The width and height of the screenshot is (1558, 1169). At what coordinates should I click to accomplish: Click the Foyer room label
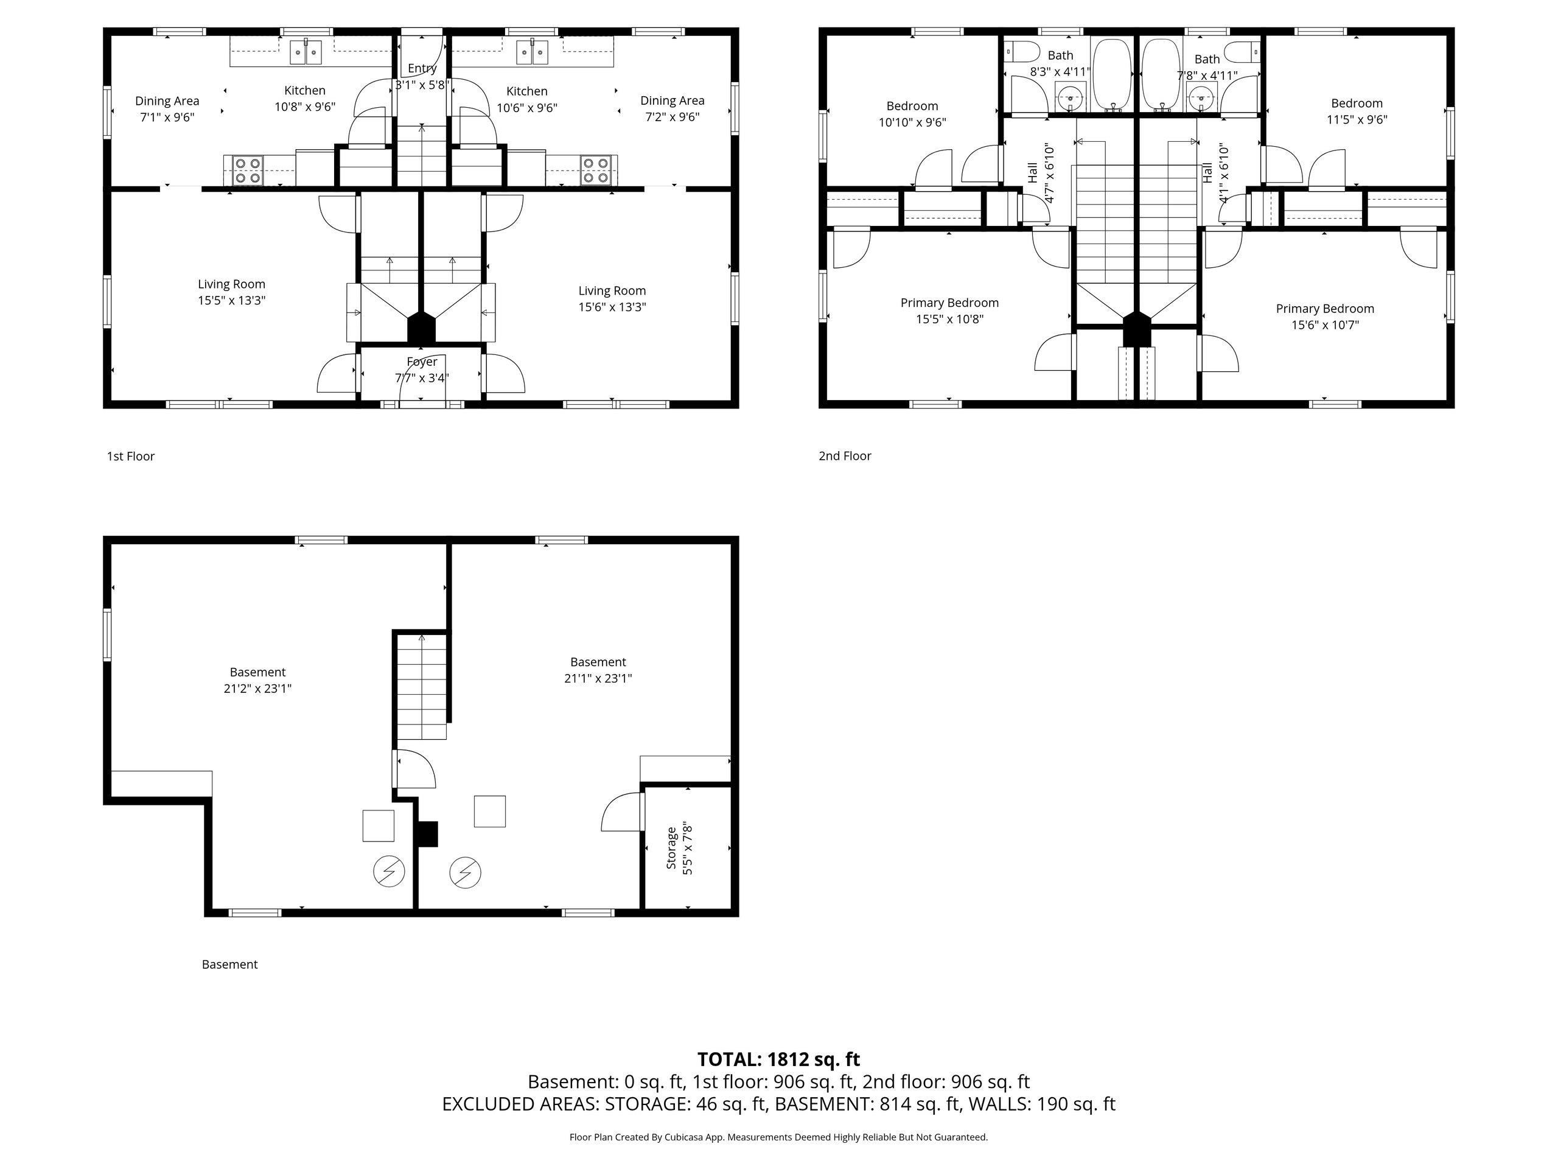(422, 362)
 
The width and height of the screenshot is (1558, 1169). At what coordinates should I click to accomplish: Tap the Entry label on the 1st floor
(422, 68)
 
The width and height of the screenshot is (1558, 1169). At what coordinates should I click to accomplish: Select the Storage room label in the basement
(671, 848)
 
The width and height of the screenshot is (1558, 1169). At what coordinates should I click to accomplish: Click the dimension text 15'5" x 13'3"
(232, 300)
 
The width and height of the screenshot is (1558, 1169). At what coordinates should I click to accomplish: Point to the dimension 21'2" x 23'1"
(258, 689)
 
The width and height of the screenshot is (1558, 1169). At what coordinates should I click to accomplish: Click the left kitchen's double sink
(306, 52)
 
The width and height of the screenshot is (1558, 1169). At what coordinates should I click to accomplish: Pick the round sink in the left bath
(1071, 98)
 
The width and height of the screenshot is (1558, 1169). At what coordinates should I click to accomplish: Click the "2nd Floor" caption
(845, 456)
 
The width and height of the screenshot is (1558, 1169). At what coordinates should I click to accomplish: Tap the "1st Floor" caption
(130, 456)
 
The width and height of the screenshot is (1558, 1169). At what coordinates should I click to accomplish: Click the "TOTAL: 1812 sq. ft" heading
(778, 1059)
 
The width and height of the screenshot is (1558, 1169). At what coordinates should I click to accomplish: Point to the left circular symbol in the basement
(389, 872)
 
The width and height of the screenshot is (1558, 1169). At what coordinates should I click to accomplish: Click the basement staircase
(421, 686)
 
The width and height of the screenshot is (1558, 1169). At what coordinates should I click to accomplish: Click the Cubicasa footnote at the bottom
(778, 1137)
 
